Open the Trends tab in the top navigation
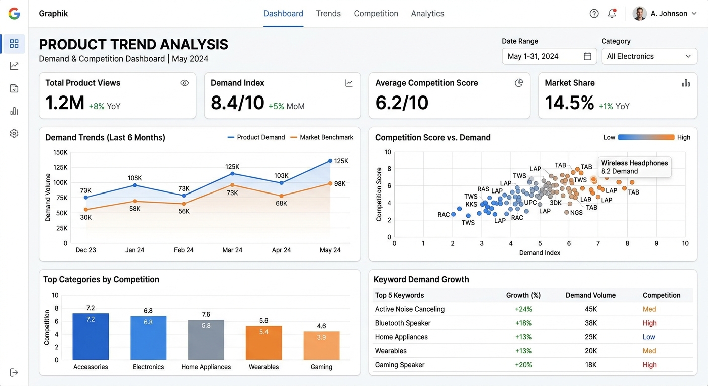(x=328, y=13)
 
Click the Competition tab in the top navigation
(x=376, y=13)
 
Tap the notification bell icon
(x=612, y=13)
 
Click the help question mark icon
(x=594, y=13)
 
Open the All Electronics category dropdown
(x=649, y=56)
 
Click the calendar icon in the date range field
(x=587, y=56)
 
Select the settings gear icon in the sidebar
(x=14, y=133)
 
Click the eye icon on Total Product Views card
(x=184, y=83)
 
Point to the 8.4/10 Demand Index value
(x=237, y=103)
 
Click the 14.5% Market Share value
(x=569, y=103)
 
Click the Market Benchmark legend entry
(x=322, y=137)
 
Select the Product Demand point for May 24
(x=330, y=161)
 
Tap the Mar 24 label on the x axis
(x=232, y=250)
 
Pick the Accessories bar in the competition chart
(x=91, y=336)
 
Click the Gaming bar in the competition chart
(x=321, y=346)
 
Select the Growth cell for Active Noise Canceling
(x=523, y=309)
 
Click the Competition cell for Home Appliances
(x=649, y=337)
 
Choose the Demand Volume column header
(x=591, y=295)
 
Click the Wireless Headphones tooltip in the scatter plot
(x=635, y=167)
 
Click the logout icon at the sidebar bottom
(x=14, y=373)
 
